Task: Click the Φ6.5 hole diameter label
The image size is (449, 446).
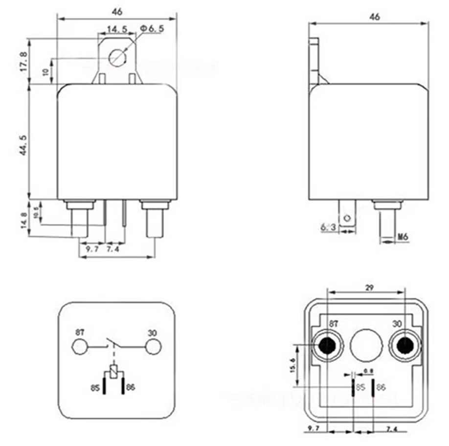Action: coord(152,29)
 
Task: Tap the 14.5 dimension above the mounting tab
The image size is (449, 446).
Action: coord(117,29)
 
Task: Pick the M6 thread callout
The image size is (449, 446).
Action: coord(403,237)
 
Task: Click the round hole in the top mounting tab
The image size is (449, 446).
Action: coord(117,57)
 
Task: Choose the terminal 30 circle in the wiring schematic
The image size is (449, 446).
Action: coord(154,347)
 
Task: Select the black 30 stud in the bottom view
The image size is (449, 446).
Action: coord(404,346)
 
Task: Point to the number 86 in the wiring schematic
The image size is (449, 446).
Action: coord(130,388)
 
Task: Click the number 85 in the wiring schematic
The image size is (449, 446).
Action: coord(95,388)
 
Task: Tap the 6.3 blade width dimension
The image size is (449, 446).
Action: coord(327,227)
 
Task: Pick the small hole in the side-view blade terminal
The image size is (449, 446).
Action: coord(347,218)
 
